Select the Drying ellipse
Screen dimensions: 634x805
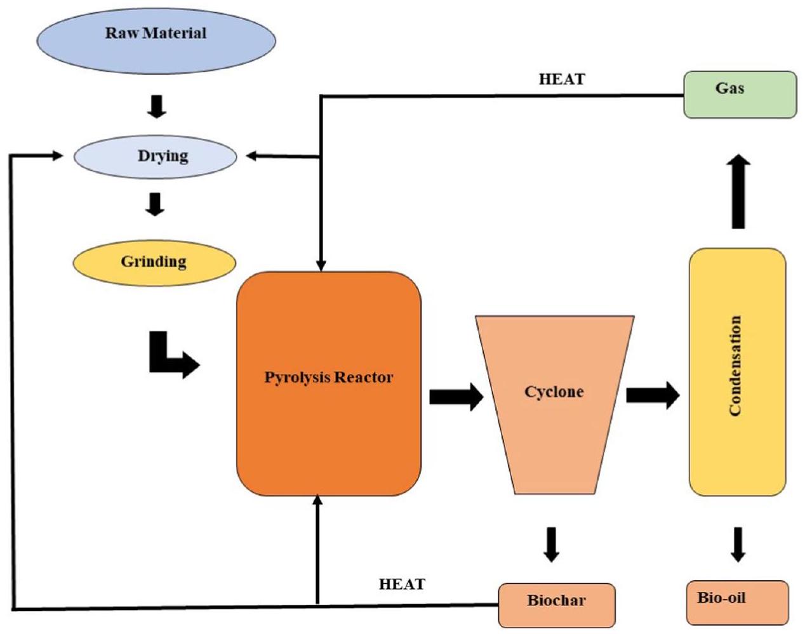(156, 156)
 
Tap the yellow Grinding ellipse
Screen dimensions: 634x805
(154, 262)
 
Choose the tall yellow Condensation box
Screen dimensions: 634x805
(737, 371)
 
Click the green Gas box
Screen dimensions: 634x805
(740, 95)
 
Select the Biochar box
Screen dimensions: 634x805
(557, 604)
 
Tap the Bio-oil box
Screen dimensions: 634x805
(737, 602)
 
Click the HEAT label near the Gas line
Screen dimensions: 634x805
(562, 79)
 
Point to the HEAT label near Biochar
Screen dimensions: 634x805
(402, 584)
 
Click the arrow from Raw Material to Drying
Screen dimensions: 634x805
(156, 106)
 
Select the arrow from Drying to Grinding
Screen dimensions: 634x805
(156, 204)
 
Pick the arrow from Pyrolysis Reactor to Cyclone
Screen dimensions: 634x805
(456, 397)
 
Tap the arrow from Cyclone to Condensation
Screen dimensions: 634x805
(652, 395)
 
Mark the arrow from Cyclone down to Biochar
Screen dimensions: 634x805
(552, 543)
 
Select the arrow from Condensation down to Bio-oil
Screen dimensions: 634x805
(737, 543)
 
